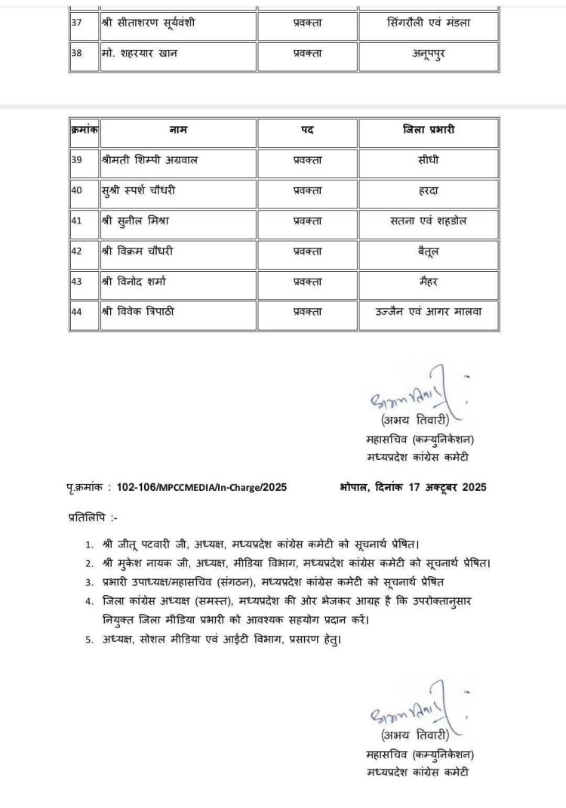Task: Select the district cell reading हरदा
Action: tap(428, 191)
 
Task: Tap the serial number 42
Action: tap(77, 251)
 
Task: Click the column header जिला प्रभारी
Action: tap(428, 131)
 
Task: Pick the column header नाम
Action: tap(178, 131)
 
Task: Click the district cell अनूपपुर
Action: tap(428, 55)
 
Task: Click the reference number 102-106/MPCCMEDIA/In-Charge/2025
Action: tap(201, 487)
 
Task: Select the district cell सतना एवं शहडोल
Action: tap(428, 221)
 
